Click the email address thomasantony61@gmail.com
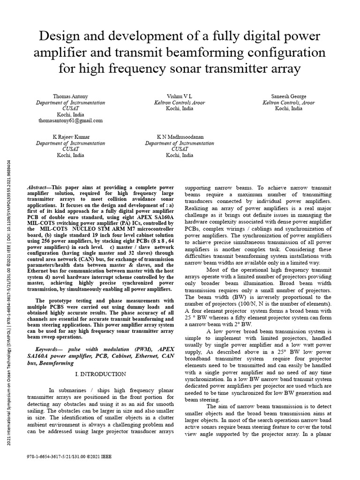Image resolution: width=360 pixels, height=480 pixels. (70, 120)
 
